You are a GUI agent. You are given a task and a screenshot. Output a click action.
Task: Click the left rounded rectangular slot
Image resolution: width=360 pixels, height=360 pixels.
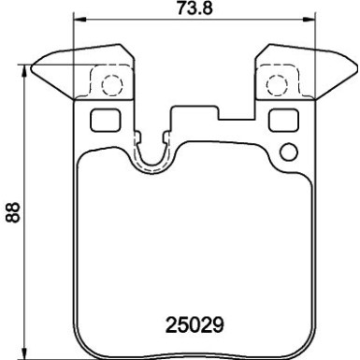click(100, 120)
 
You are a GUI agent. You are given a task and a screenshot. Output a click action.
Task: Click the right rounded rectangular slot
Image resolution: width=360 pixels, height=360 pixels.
click(280, 120)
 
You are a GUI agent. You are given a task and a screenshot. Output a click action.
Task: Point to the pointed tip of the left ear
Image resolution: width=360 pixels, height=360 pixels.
click(33, 65)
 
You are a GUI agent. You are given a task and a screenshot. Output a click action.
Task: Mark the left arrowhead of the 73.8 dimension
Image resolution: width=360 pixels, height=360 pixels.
click(79, 21)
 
